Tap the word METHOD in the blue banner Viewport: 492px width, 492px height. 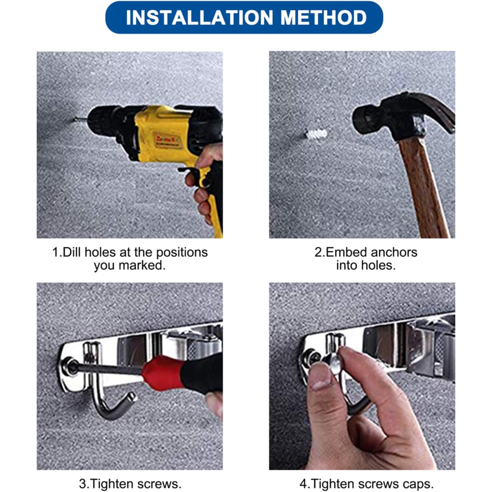coord(323,18)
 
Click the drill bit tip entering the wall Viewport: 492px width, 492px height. coord(75,118)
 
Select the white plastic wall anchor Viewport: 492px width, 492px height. coord(316,134)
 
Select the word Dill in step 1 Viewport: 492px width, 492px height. coord(71,253)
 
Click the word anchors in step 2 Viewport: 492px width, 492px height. coord(394,253)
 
